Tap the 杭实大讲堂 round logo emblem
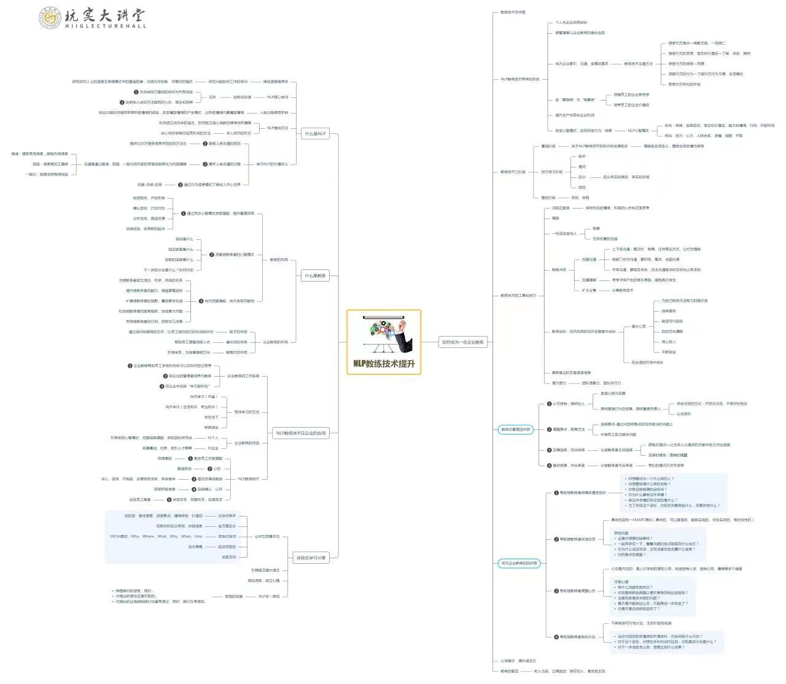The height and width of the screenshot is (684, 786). coord(49,18)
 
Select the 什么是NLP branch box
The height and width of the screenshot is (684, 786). coord(316,133)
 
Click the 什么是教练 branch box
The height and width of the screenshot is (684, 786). coord(316,275)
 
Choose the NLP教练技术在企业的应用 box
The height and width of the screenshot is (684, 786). coord(301,433)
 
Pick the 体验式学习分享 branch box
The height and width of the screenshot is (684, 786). coord(311,558)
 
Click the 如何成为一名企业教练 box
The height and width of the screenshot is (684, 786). coord(463,342)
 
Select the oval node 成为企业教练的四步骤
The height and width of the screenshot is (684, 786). coord(519,563)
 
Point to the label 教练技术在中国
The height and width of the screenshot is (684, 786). coord(513,12)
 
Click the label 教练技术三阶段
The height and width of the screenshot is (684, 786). coord(513,172)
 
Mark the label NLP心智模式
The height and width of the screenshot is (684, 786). coord(638,131)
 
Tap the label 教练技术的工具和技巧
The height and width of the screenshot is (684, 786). coord(518,296)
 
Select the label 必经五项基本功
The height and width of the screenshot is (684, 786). coord(267,537)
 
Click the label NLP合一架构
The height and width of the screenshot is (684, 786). coord(269,596)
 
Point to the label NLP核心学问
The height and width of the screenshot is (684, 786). coord(278,97)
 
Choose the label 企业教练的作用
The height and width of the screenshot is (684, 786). coord(276,342)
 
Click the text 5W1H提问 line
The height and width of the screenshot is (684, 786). coord(156,537)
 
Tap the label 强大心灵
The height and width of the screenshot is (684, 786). coord(639,326)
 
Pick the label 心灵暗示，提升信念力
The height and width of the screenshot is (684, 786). coord(518,661)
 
